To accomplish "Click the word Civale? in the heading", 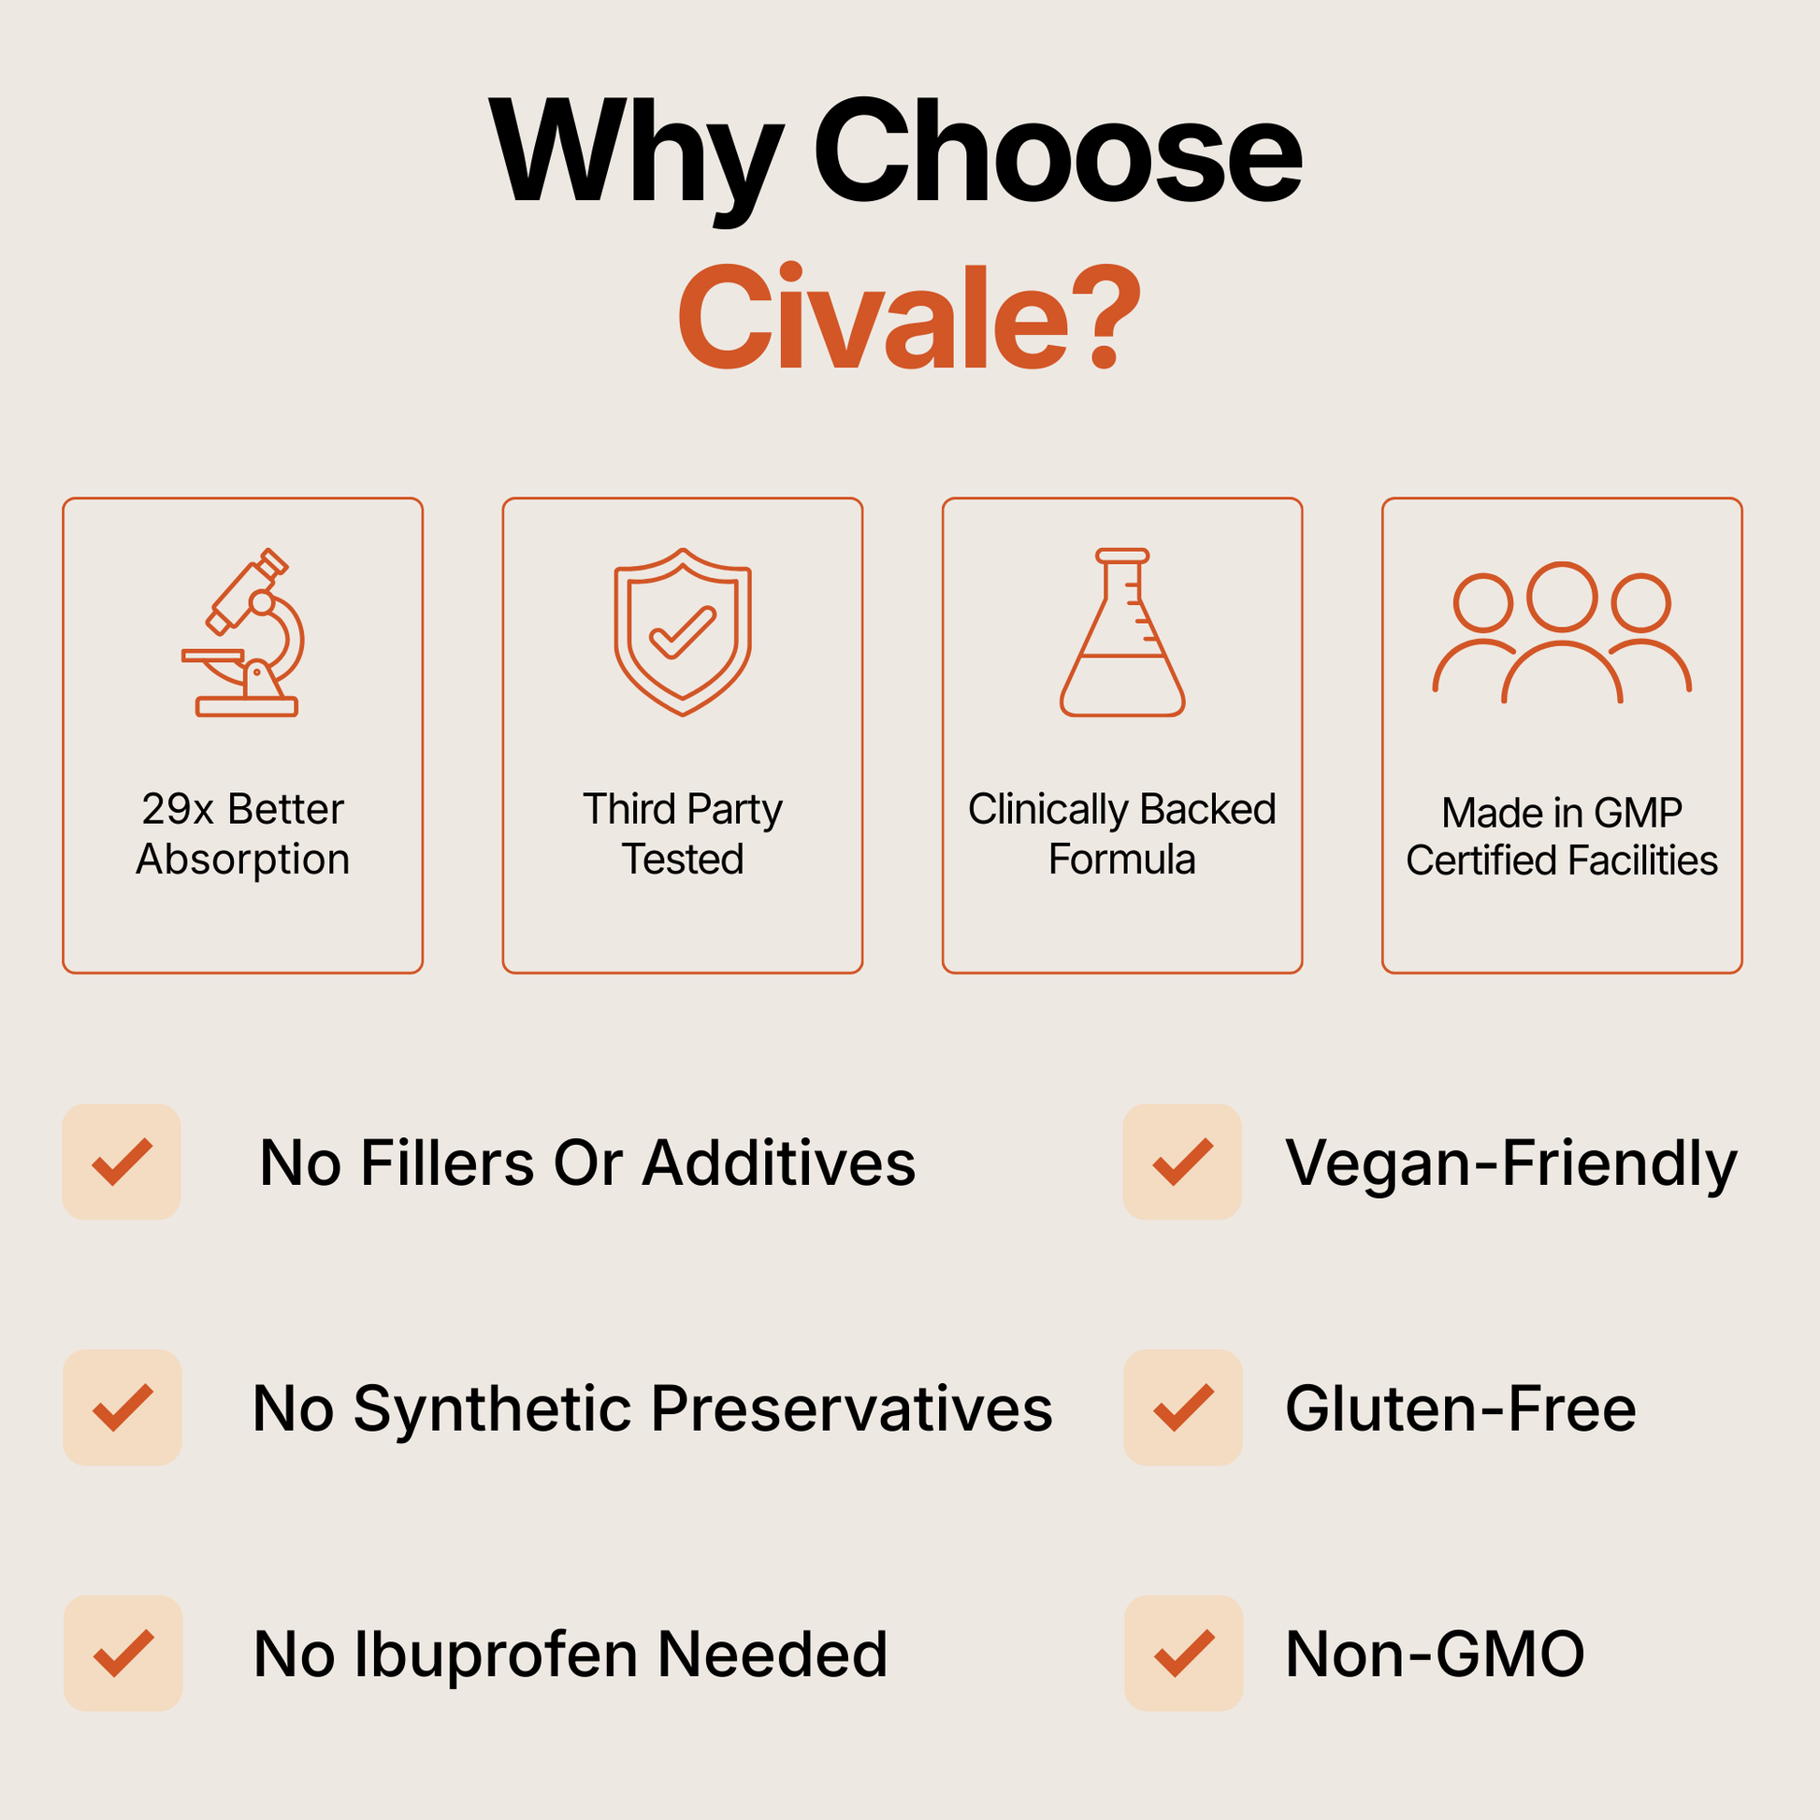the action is [x=909, y=316].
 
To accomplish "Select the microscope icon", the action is [x=243, y=632].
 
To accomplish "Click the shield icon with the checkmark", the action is [x=683, y=632].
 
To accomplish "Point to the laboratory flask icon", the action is [x=1122, y=632].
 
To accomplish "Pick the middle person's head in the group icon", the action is [x=1562, y=598].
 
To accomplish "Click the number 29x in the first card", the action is [x=178, y=809].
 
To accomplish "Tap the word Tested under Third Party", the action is [x=683, y=859].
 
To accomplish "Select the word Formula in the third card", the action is [x=1122, y=859].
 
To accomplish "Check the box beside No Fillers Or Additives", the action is [x=122, y=1162].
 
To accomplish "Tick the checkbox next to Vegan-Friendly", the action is [x=1182, y=1162].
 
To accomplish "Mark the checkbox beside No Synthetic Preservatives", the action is [x=123, y=1408].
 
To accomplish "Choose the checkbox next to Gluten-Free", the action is [x=1183, y=1408].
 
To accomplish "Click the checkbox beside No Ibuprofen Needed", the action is [x=123, y=1654].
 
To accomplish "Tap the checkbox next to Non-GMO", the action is [x=1184, y=1654].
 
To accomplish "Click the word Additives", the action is [x=779, y=1163].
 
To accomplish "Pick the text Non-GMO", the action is [x=1435, y=1655].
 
